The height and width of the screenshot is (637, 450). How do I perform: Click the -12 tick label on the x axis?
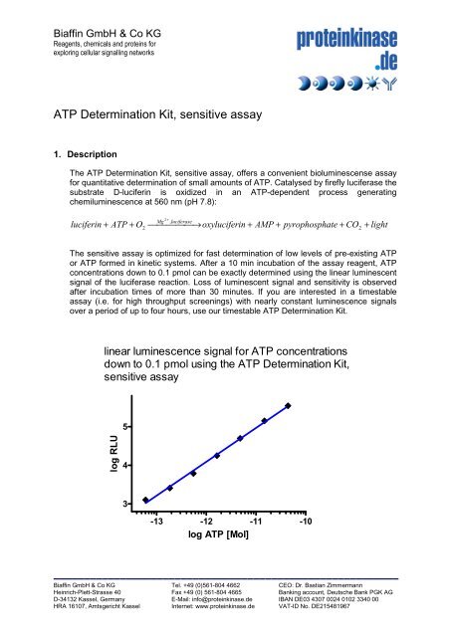coord(206,521)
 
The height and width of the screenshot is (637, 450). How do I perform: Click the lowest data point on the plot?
coord(145,500)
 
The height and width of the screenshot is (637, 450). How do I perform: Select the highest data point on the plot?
coord(288,406)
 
